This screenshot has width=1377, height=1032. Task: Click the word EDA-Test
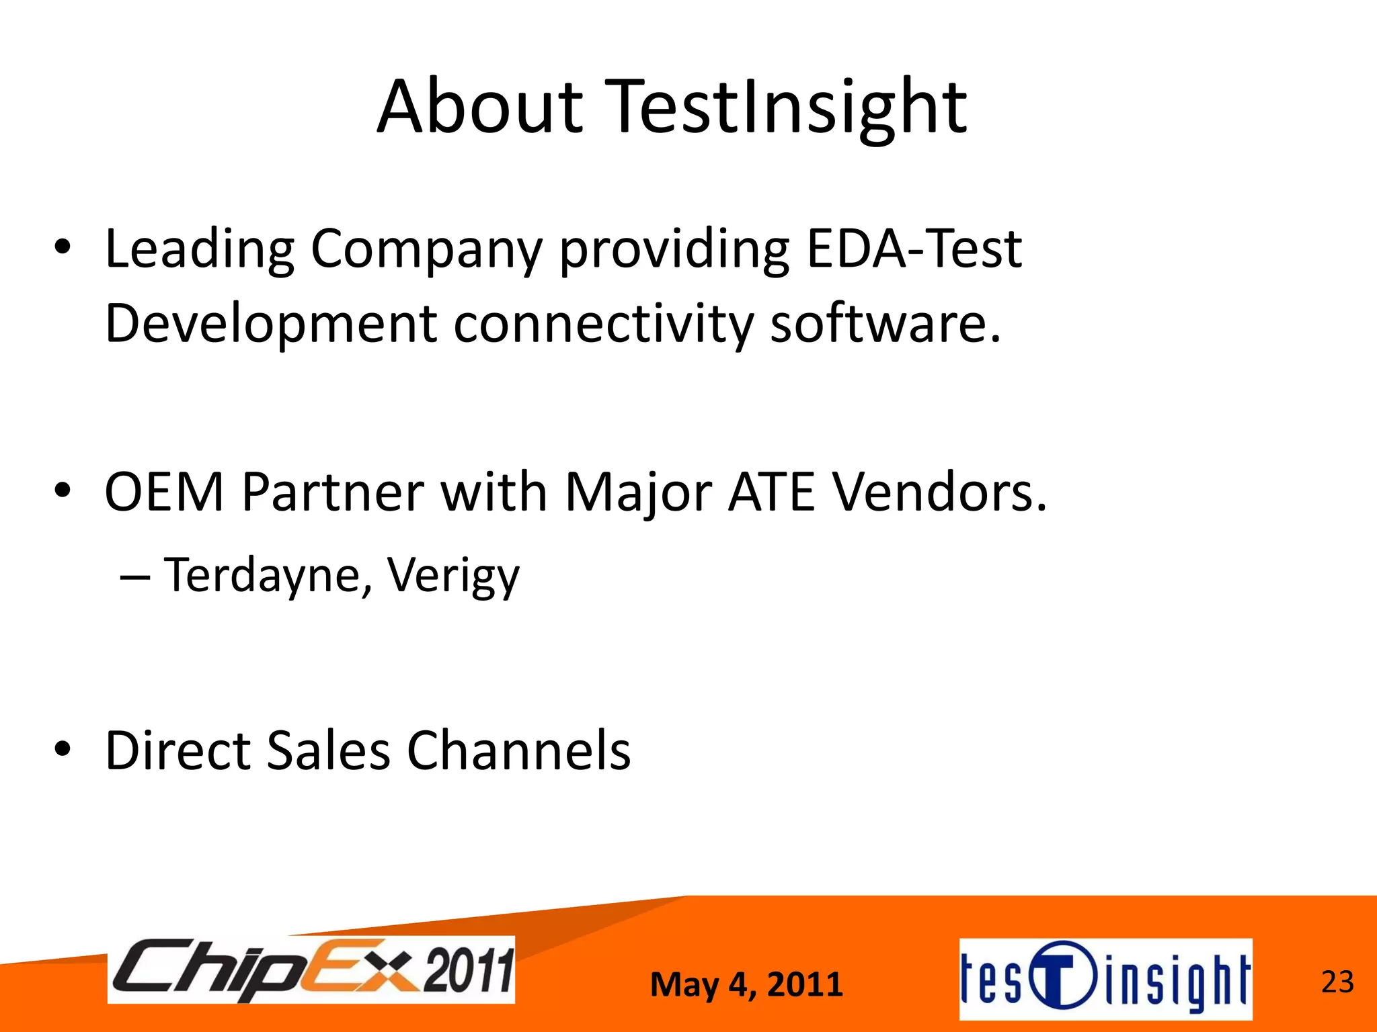point(913,249)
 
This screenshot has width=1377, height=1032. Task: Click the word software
point(885,324)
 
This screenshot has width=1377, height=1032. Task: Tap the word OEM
point(164,492)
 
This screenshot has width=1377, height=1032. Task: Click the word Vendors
point(940,492)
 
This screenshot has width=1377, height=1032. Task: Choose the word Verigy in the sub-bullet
point(453,576)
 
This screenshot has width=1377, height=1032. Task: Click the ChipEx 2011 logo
point(311,970)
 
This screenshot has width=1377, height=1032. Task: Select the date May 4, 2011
point(746,985)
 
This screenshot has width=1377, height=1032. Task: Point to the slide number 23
point(1337,982)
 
